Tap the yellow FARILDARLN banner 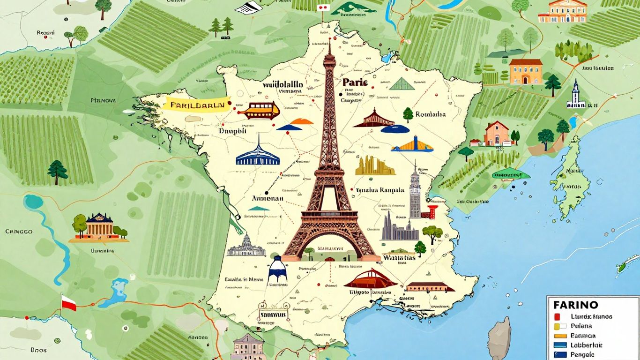click(x=197, y=104)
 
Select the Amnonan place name click(x=268, y=198)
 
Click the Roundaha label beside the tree click(x=431, y=114)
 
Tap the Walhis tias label click(x=399, y=257)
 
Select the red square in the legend click(x=557, y=316)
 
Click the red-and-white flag click(x=68, y=303)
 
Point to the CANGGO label click(x=19, y=232)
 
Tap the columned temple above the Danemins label click(x=99, y=227)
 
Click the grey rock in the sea click(x=500, y=338)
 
